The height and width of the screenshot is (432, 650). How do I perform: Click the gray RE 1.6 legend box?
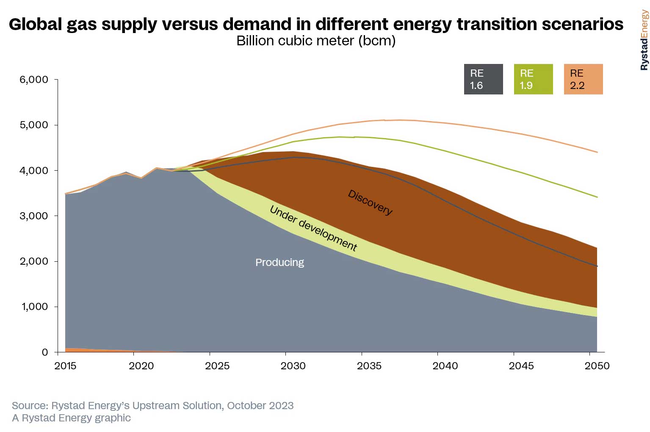[x=483, y=79]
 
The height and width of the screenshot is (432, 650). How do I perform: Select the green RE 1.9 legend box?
[x=533, y=79]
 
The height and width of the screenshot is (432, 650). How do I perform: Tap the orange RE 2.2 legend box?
[x=583, y=79]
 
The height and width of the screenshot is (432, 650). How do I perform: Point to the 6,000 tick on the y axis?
[x=34, y=80]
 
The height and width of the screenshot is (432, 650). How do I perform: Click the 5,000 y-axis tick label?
[x=34, y=125]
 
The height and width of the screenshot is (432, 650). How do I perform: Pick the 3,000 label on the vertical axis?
[x=34, y=216]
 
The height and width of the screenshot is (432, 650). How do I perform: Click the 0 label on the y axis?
[x=45, y=352]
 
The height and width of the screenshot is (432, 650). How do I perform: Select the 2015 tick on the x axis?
[x=65, y=366]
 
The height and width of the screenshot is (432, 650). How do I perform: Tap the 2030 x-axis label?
[x=293, y=366]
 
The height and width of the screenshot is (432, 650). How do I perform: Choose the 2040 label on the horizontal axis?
[x=445, y=366]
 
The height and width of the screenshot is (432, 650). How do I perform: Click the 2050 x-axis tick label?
[x=597, y=366]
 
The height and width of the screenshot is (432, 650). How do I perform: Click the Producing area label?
[x=279, y=263]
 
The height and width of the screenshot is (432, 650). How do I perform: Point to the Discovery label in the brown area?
[x=370, y=202]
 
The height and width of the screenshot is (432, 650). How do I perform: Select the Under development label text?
[x=313, y=228]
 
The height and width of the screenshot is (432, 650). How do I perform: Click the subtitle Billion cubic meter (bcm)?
[x=316, y=41]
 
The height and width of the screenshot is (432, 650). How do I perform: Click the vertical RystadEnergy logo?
[x=644, y=40]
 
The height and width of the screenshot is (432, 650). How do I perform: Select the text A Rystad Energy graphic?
[x=71, y=418]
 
